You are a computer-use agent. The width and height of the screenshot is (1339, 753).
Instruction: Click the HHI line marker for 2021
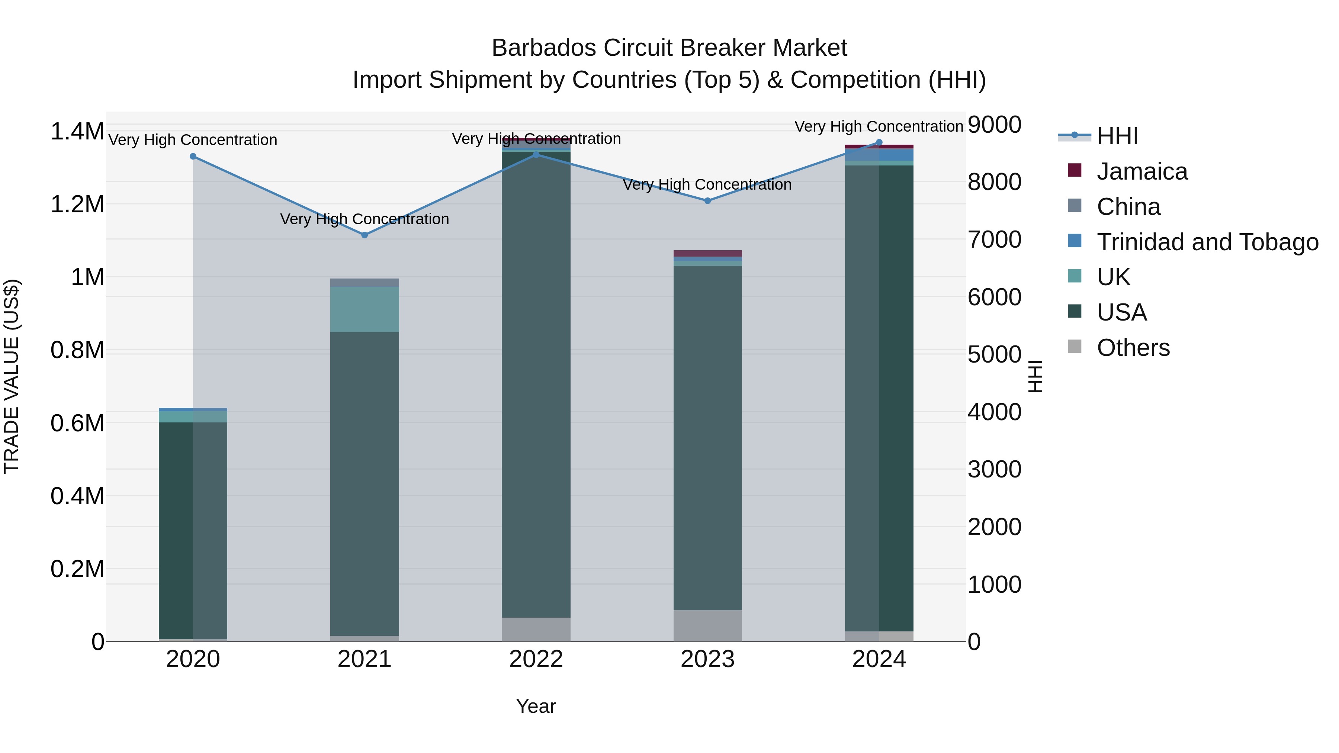coord(365,235)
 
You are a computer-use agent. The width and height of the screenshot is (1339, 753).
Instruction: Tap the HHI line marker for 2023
coord(707,200)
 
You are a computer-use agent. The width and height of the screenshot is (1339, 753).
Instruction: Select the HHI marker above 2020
coord(193,157)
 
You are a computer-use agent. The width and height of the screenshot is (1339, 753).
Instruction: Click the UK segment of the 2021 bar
coord(365,309)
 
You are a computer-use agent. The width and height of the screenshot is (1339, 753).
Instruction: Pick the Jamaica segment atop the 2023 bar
coord(707,253)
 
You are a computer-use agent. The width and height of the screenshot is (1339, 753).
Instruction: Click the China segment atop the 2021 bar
coord(365,283)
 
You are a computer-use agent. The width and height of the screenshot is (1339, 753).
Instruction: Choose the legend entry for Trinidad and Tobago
coord(1207,242)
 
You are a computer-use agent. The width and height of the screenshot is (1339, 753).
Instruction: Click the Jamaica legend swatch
coord(1075,170)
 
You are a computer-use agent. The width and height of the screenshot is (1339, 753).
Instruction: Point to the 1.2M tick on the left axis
coord(77,204)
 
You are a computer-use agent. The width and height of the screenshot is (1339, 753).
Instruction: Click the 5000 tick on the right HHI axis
coord(994,355)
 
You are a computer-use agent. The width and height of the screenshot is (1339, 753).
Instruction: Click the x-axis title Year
coord(536,706)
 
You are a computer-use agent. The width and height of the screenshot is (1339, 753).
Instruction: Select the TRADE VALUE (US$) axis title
coord(12,376)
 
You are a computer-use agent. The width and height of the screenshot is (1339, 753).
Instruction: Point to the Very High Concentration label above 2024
coord(879,126)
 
